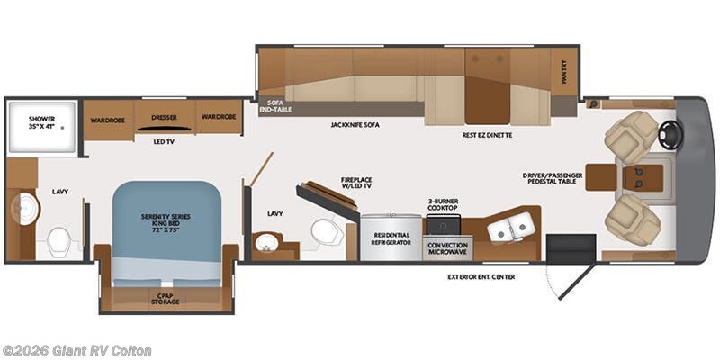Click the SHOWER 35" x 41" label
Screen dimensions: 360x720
pos(41,123)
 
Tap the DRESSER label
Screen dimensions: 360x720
pos(164,117)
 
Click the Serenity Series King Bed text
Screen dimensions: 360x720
pos(166,222)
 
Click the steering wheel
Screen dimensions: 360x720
pos(670,134)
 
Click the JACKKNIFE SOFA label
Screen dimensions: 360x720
pos(355,124)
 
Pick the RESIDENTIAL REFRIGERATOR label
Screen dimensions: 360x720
pos(391,239)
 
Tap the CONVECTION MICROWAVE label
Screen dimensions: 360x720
pos(447,248)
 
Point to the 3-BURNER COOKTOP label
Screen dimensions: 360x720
pos(444,204)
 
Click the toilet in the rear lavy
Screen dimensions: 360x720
pos(60,240)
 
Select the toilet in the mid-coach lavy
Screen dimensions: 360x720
pos(323,232)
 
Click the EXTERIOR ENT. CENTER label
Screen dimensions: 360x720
pos(481,276)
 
